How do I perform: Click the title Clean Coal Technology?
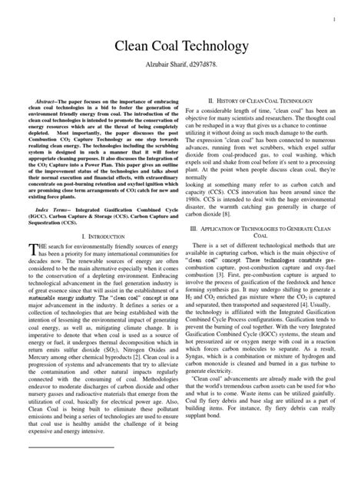click(181, 48)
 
